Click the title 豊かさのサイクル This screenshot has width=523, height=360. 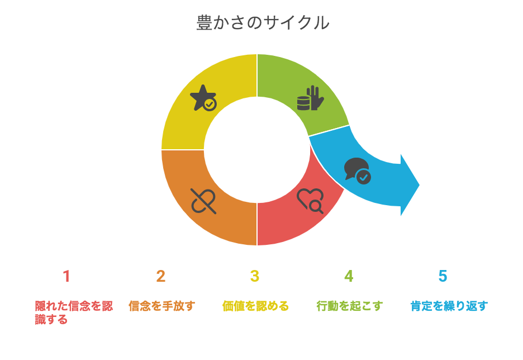[263, 23]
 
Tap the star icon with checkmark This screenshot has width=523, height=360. [203, 98]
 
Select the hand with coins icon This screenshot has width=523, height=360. [310, 98]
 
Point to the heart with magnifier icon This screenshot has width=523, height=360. [310, 201]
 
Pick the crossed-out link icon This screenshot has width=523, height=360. [203, 201]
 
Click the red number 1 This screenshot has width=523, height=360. [66, 276]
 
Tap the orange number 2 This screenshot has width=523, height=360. [161, 276]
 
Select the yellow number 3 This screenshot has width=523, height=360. [255, 276]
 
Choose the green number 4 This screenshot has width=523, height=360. [349, 276]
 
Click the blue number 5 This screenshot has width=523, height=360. [443, 276]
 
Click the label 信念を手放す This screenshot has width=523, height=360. [162, 306]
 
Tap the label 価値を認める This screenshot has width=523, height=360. [255, 306]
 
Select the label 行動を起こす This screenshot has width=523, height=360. [350, 306]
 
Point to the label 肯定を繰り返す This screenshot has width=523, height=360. [449, 306]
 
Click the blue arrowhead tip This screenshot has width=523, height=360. [419, 185]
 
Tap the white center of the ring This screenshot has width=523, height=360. [257, 150]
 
